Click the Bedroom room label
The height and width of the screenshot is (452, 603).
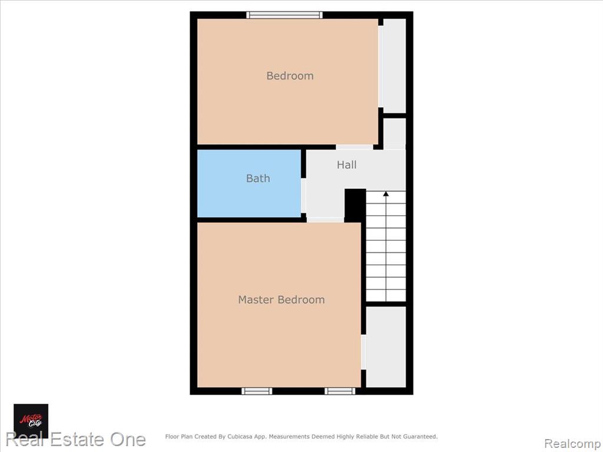290,76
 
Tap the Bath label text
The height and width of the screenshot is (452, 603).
258,178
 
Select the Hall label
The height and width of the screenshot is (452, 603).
346,165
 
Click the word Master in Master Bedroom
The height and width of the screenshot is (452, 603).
256,300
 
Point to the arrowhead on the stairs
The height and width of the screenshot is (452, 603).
386,194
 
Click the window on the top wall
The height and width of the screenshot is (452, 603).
284,15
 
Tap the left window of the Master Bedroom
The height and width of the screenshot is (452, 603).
257,391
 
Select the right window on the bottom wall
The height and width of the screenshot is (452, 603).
340,391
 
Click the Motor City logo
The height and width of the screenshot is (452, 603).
31,421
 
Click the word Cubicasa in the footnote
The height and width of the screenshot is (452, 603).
240,437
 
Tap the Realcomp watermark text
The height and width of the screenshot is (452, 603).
572,444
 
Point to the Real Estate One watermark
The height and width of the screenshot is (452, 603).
76,440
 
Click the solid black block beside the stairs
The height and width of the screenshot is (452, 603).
355,205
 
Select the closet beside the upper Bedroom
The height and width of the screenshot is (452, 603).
395,66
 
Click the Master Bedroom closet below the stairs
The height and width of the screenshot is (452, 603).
386,347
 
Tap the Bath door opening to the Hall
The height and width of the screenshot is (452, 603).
303,195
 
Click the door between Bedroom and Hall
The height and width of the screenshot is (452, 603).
354,147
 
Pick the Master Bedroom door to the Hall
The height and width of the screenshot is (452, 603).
325,220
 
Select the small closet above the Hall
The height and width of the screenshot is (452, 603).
395,133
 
